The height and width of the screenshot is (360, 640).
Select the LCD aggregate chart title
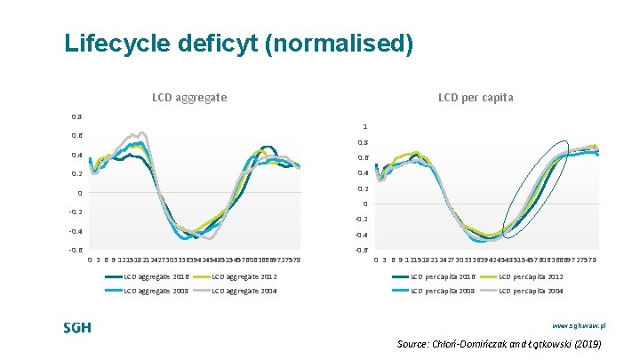(x=189, y=97)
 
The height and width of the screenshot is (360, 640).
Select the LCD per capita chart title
(x=476, y=97)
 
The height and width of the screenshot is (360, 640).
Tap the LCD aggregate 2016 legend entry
(x=161, y=276)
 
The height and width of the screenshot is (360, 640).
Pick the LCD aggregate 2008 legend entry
(x=161, y=291)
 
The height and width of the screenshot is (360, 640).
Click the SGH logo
(x=77, y=327)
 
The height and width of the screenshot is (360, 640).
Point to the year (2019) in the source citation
(x=587, y=343)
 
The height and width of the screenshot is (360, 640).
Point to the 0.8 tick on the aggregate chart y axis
(x=76, y=116)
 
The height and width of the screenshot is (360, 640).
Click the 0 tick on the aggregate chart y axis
(x=79, y=193)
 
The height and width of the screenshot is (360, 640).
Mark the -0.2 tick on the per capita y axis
(x=362, y=220)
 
